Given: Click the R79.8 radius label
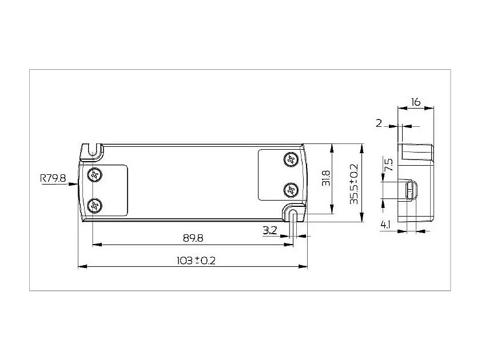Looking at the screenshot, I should point(53,178).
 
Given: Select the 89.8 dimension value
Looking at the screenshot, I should point(193,237).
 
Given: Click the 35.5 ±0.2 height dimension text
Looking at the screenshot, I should point(354,183).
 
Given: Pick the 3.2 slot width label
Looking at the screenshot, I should point(271,230).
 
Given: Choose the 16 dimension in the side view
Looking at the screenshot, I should point(416,102).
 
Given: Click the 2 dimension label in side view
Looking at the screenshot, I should point(379,122).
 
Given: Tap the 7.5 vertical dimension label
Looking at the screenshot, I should point(389,166).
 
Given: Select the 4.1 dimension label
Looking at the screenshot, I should point(385,225).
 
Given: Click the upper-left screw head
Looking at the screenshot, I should point(94,174).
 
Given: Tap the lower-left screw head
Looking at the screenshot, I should point(94,204).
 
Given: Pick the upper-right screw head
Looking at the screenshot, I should point(292,158).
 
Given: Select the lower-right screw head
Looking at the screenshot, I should point(292,189).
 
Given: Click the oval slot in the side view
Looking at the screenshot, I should point(409,190).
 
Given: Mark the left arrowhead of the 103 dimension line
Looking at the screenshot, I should point(81,266).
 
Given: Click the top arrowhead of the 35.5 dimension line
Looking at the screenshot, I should point(361,147).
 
